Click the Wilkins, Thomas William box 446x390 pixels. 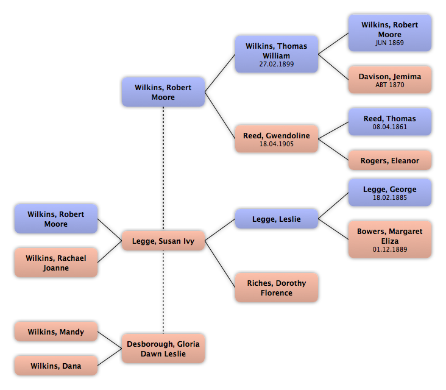[276, 54]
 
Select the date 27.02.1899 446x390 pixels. [276, 64]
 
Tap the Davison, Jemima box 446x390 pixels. [390, 80]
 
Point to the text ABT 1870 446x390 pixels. [390, 85]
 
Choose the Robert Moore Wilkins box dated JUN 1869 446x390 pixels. [390, 33]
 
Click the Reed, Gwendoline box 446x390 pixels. [276, 140]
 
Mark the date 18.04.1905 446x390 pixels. [276, 144]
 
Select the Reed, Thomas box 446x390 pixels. [390, 122]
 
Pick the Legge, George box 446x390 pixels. [390, 193]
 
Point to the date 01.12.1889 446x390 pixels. [390, 249]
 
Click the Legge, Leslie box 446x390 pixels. [276, 219]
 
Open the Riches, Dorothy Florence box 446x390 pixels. [276, 288]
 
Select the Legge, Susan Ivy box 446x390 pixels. [163, 241]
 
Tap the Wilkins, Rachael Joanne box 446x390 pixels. [56, 263]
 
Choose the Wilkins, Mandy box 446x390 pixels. [56, 332]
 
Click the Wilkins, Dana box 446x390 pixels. [56, 366]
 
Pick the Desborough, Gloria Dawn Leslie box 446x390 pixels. [163, 349]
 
